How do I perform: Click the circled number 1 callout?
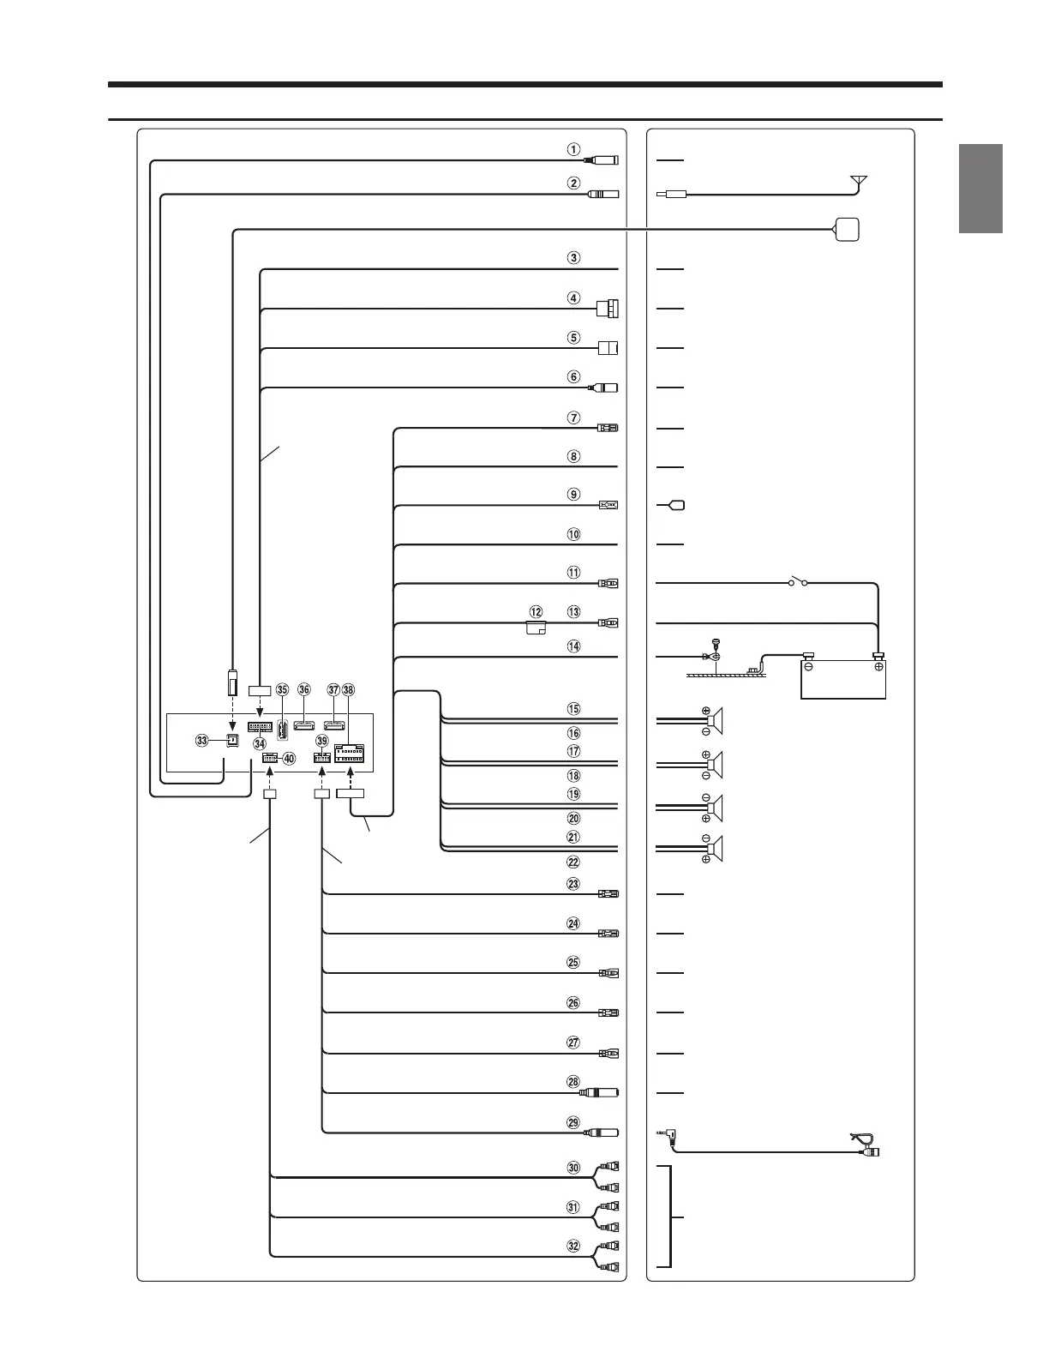coord(574,148)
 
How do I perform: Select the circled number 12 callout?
coord(536,612)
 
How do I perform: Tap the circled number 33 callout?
coord(202,740)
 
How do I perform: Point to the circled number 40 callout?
coord(289,758)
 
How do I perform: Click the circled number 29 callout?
coord(574,1122)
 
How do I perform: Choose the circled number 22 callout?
coord(574,862)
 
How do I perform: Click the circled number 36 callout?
coord(303,689)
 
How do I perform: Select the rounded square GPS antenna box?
coord(845,229)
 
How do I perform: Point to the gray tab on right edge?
coord(980,189)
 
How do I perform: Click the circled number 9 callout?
coord(574,495)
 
